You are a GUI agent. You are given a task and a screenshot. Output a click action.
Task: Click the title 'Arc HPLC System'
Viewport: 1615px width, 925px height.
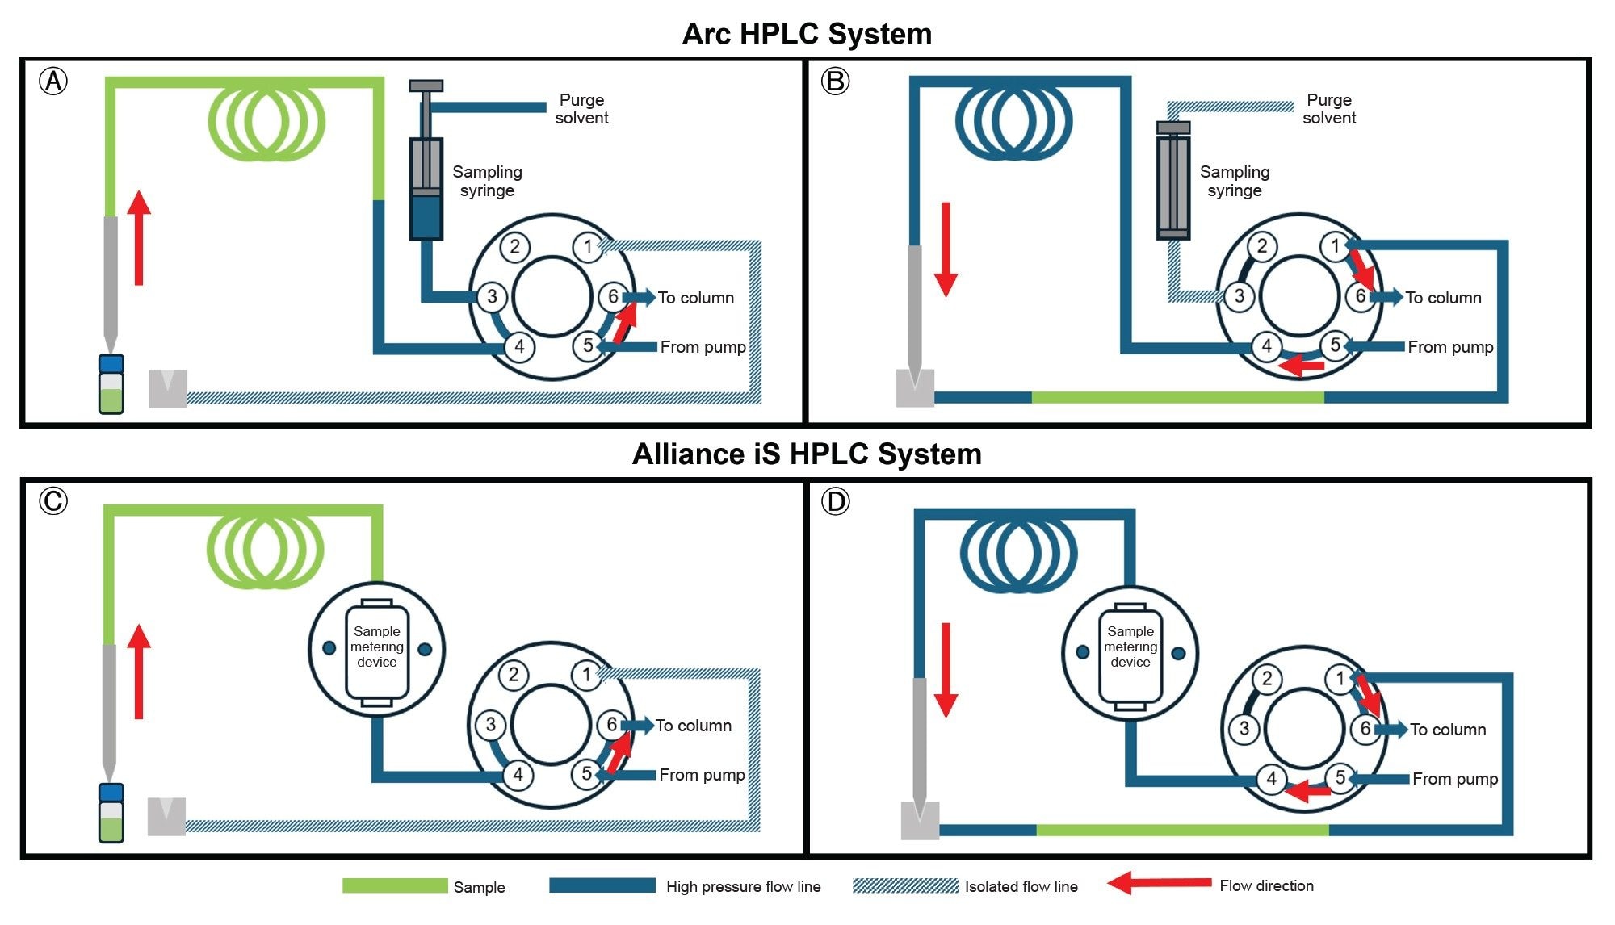coord(807,34)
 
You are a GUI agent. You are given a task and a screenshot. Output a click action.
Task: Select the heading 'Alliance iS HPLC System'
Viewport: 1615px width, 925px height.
coord(807,454)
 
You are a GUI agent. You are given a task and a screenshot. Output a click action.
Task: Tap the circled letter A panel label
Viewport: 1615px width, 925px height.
coord(53,81)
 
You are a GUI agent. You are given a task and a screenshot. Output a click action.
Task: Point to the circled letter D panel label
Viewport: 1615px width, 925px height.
coord(835,501)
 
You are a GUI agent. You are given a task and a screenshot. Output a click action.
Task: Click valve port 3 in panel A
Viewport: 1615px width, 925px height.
coord(492,296)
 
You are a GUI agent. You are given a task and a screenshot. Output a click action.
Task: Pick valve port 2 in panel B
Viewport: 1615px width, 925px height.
coord(1262,245)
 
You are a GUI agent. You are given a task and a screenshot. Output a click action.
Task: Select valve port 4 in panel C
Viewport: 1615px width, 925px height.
coord(518,775)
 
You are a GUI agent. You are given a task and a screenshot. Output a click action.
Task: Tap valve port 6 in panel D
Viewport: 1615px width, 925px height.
coord(1365,729)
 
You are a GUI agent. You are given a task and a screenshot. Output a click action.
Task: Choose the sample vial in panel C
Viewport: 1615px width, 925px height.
coord(111,813)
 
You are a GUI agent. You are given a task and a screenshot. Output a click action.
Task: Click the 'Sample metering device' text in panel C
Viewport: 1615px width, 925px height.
coord(376,647)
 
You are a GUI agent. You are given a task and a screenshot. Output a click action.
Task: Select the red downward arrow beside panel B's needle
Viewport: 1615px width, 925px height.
coord(946,249)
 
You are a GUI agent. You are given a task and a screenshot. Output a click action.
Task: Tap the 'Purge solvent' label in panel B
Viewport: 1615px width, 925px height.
coord(1328,109)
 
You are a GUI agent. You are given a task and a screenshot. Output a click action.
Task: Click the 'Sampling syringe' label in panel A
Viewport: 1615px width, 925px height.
coord(487,181)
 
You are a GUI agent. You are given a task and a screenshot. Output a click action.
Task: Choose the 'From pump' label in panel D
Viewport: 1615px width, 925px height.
coord(1454,779)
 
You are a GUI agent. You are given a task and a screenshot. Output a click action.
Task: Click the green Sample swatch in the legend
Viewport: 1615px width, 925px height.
coord(395,886)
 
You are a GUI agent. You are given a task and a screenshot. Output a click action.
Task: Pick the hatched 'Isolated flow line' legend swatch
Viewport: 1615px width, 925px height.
coord(905,886)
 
